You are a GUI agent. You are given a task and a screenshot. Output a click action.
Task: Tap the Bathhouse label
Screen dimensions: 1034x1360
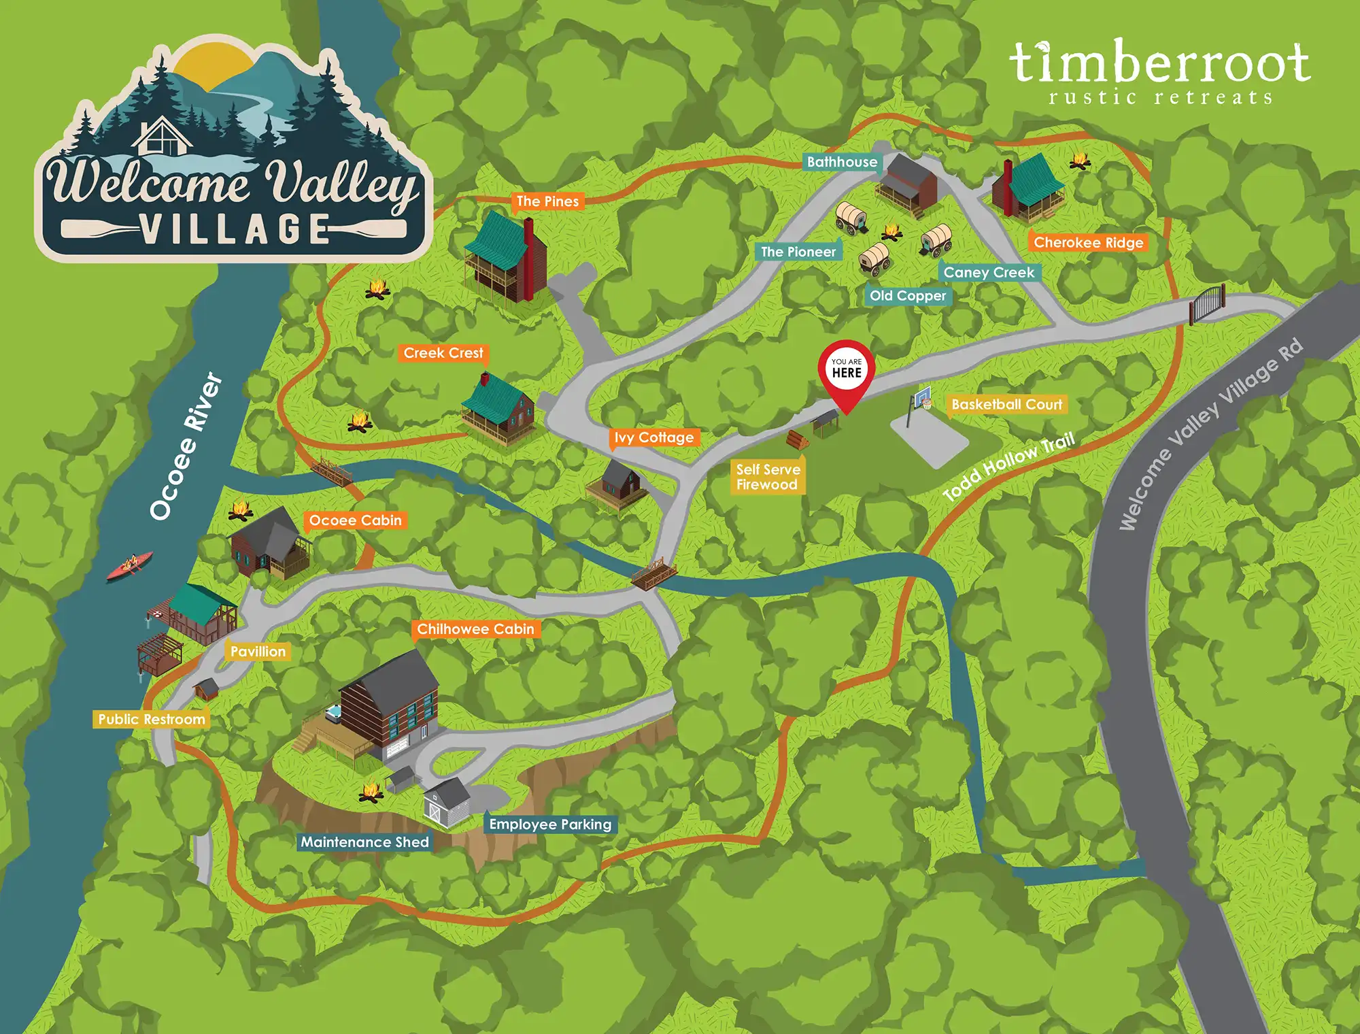click(x=842, y=162)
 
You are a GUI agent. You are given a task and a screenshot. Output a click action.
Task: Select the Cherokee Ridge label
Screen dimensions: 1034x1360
click(x=1088, y=242)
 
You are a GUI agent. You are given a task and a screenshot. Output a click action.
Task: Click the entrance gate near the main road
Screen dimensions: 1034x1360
click(x=1207, y=303)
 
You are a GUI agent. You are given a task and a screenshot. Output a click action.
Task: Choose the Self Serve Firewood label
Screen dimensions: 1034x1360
click(x=768, y=477)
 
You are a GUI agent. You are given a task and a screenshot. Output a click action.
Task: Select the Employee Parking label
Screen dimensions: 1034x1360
click(x=550, y=824)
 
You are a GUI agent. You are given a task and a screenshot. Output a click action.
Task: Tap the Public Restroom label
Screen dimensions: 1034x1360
click(x=151, y=719)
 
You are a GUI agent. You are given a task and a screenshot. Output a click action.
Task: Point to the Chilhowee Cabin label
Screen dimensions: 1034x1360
click(x=475, y=629)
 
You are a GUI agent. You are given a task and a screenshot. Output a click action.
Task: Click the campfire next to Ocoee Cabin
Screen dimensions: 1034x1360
click(x=240, y=510)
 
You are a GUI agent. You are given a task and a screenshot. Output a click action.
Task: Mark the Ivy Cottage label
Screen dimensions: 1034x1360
click(x=653, y=437)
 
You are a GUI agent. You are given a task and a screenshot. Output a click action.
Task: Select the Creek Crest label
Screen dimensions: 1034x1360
click(x=443, y=353)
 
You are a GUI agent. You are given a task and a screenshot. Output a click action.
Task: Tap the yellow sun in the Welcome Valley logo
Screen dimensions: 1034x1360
click(x=211, y=65)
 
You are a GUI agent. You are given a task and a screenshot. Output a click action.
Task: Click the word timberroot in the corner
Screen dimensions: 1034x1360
click(x=1159, y=63)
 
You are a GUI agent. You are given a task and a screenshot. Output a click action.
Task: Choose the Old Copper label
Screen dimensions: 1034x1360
click(x=908, y=296)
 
